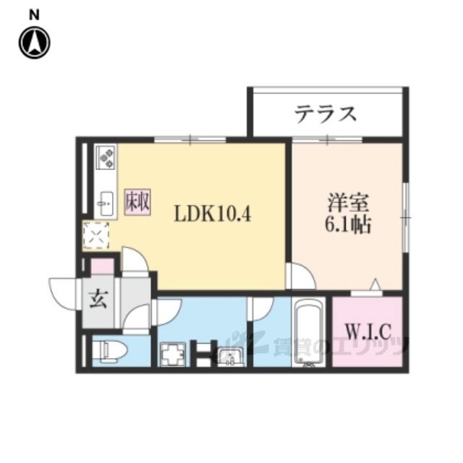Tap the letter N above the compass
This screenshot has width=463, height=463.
(34, 14)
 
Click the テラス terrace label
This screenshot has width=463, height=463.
(326, 113)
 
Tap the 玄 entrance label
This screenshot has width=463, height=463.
(99, 298)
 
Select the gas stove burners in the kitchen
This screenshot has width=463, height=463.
(106, 156)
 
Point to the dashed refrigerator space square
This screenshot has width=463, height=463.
(95, 236)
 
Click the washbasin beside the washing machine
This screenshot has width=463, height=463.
(230, 357)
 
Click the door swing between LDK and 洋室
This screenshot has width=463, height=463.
(299, 275)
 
